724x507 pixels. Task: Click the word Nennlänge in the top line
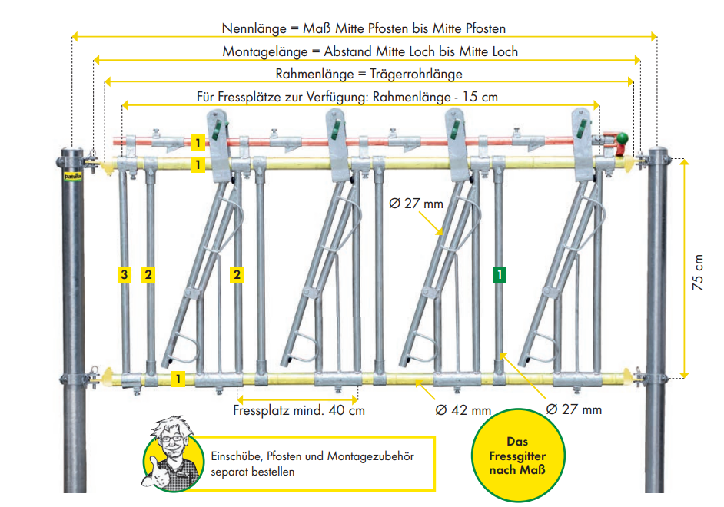click(251, 28)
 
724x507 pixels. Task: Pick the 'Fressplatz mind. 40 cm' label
click(298, 410)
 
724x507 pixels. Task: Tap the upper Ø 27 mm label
click(416, 204)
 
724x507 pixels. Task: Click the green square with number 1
click(500, 273)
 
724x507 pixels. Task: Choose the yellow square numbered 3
click(124, 273)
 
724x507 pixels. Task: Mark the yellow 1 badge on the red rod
click(198, 143)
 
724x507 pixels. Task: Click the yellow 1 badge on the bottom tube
click(179, 378)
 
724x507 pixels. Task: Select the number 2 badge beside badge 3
click(149, 273)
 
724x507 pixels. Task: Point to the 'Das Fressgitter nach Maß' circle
click(517, 454)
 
